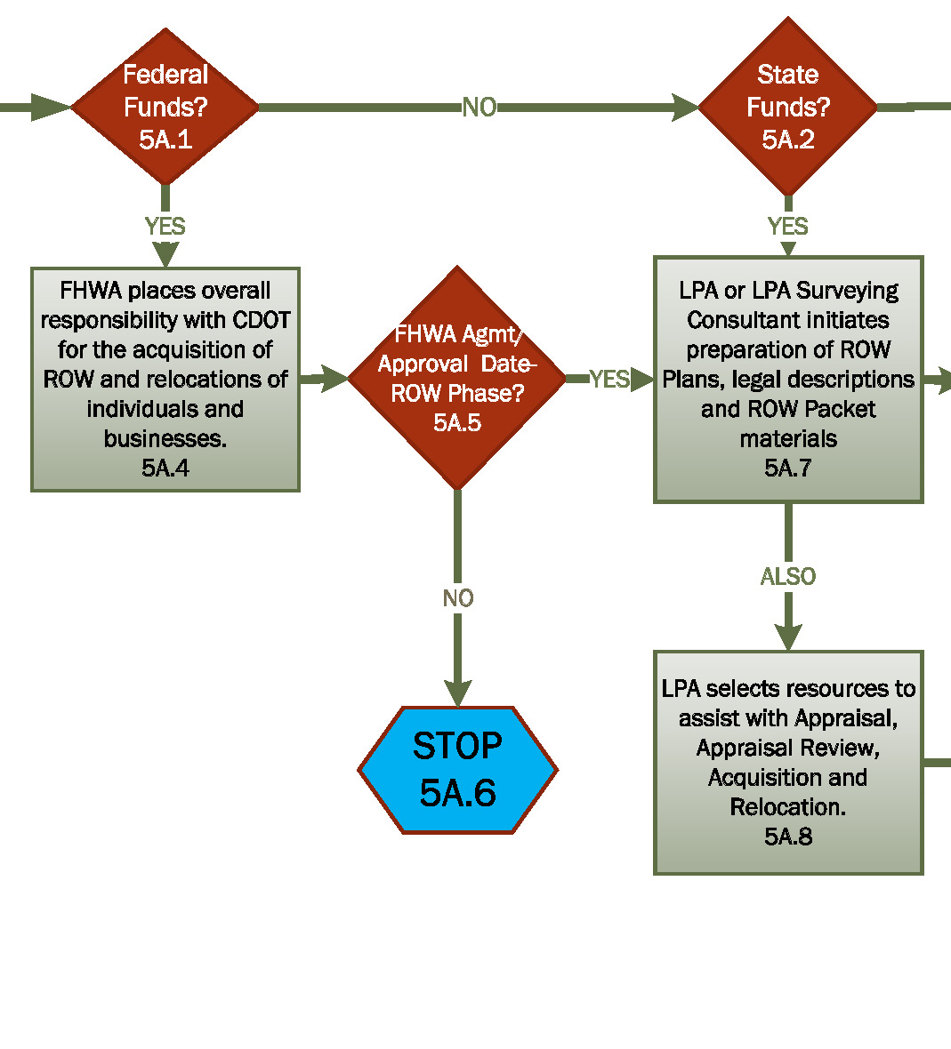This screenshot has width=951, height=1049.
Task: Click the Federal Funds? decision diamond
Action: [x=165, y=107]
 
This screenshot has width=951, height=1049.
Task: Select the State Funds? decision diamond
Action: [x=787, y=107]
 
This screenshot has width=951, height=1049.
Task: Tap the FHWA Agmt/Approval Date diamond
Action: [x=456, y=378]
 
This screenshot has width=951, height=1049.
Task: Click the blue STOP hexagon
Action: [x=457, y=770]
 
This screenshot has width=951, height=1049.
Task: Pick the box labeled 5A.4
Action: [x=165, y=380]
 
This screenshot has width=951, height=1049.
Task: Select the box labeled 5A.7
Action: [x=788, y=380]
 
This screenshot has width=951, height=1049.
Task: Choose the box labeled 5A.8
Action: [x=788, y=763]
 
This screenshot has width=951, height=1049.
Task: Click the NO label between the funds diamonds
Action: [x=479, y=108]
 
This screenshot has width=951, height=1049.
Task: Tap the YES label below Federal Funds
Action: [x=165, y=227]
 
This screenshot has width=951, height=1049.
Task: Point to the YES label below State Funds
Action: [x=788, y=227]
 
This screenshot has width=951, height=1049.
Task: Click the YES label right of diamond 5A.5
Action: [x=609, y=380]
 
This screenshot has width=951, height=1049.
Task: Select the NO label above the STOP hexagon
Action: [x=457, y=598]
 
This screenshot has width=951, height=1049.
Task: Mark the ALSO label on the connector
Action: [x=788, y=577]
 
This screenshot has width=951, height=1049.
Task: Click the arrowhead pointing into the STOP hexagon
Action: [x=457, y=693]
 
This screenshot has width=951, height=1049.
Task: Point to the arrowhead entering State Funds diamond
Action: [x=684, y=108]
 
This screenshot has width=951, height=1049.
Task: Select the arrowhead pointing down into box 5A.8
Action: [x=788, y=637]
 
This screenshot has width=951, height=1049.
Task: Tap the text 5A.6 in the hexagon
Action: [x=457, y=793]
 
